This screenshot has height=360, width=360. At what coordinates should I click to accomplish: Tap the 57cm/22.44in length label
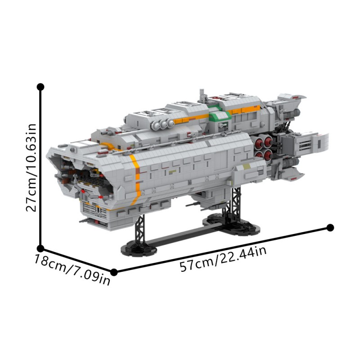point(223,259)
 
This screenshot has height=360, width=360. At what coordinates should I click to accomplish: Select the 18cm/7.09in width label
point(72,270)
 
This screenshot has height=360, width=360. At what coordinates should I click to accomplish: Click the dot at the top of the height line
point(40,86)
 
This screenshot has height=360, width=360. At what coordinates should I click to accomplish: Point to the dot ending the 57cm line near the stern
point(330,227)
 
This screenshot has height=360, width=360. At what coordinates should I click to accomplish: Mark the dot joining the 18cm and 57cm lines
point(114,272)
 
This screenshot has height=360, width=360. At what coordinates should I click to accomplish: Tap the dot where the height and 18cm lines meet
point(40,248)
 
